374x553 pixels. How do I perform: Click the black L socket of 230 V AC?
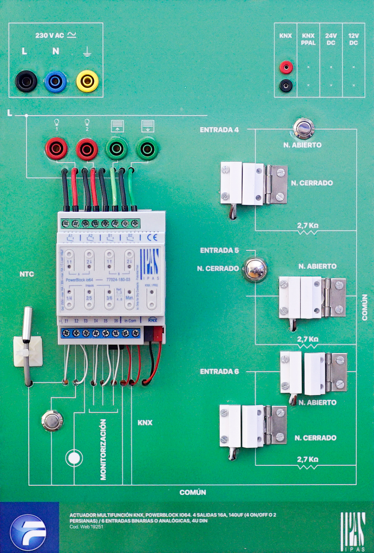click(x=26, y=81)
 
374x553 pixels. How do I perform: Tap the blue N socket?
click(x=56, y=82)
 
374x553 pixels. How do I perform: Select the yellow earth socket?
click(x=87, y=81)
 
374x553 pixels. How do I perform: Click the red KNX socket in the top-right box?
click(x=286, y=67)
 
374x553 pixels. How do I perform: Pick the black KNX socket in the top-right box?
click(x=286, y=85)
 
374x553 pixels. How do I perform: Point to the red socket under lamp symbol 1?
click(x=56, y=148)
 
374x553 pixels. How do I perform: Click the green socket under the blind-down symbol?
click(x=147, y=149)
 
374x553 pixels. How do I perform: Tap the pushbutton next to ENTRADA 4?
click(x=304, y=128)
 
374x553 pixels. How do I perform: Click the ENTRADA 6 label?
click(x=219, y=372)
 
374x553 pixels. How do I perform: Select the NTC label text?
click(x=27, y=274)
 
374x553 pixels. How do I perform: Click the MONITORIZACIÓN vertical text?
click(x=103, y=449)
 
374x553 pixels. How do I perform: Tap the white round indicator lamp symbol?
click(x=74, y=458)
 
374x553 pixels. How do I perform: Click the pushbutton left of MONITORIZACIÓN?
click(x=52, y=420)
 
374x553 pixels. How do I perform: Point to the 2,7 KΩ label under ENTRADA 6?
click(x=307, y=460)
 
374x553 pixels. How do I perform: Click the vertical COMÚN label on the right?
click(x=365, y=307)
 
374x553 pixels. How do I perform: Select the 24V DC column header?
click(x=331, y=39)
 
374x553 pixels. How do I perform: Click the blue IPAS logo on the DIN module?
click(x=150, y=262)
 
